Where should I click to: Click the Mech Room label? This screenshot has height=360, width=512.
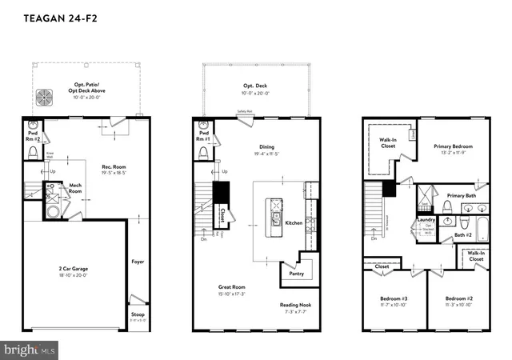coord(75,188)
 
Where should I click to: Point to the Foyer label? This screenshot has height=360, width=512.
coord(138,261)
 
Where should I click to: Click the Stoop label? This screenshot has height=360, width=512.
coord(138,315)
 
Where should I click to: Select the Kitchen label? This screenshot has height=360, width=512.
coord(294,223)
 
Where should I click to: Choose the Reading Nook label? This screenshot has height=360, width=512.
coord(294,306)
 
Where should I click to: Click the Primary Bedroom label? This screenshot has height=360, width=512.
coord(453,146)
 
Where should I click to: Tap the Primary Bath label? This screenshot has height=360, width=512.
coord(462,195)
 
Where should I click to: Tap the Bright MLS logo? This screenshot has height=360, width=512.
coord(30,350)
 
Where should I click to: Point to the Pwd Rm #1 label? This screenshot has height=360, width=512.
coord(204,137)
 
